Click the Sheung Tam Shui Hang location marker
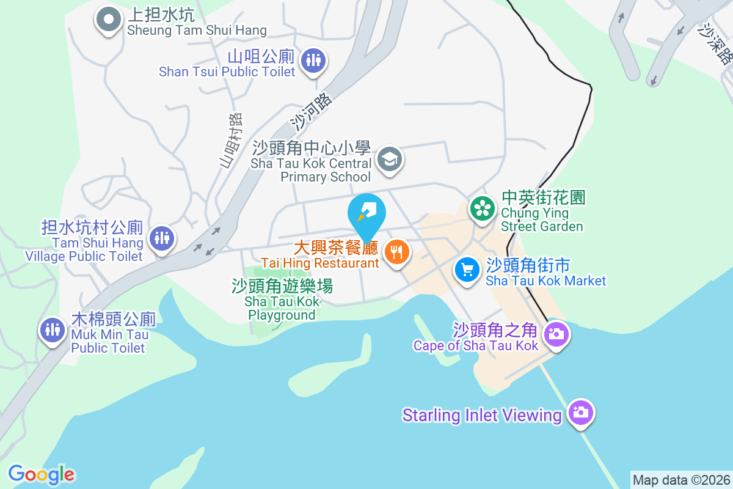[x=109, y=20]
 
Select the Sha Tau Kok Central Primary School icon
[x=389, y=160]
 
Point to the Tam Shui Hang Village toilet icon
[x=162, y=237]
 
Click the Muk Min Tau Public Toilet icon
[x=53, y=329]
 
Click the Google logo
[x=42, y=474]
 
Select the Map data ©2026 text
[x=681, y=480]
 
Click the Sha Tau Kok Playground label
[x=282, y=300]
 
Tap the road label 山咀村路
[x=231, y=140]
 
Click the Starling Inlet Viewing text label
[x=481, y=416]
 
